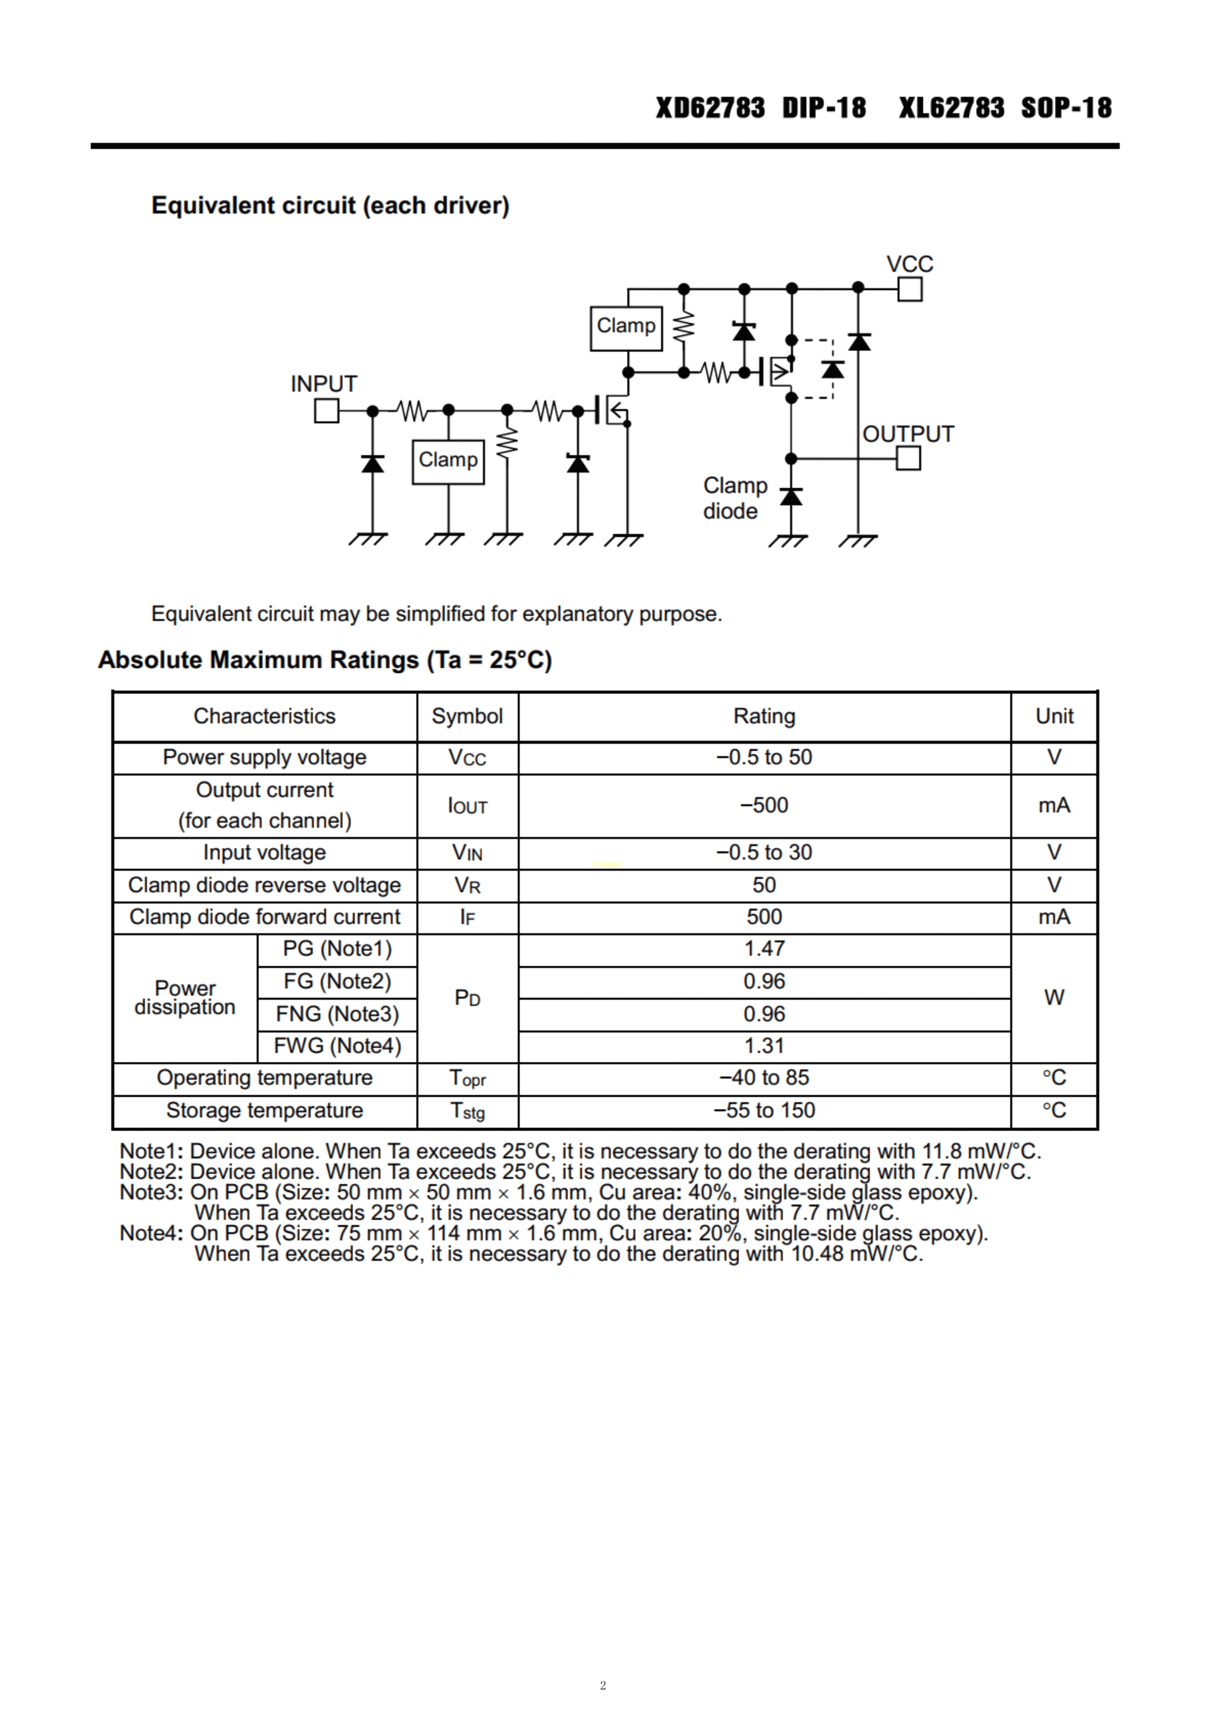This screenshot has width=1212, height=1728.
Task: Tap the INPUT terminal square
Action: click(327, 411)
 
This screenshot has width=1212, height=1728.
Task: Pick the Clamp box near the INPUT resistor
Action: click(448, 461)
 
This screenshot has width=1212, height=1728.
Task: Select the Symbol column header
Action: click(467, 717)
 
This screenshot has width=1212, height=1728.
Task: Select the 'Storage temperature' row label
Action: click(264, 1111)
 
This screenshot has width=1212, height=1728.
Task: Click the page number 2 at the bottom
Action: click(603, 1685)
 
